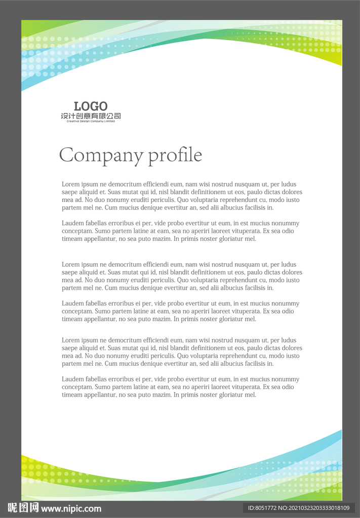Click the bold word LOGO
(x=91, y=106)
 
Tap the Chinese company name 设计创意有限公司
(x=91, y=116)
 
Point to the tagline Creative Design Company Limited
(x=91, y=121)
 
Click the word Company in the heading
(x=101, y=155)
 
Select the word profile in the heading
(x=175, y=155)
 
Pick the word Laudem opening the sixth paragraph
(x=72, y=379)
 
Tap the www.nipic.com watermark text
(x=71, y=509)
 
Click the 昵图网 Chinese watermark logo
(x=23, y=508)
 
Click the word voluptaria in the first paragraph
(x=204, y=200)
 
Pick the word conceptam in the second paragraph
(x=77, y=231)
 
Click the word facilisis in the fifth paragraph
(x=260, y=364)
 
